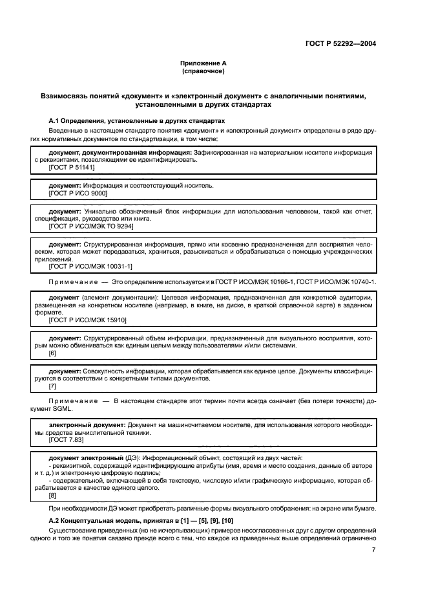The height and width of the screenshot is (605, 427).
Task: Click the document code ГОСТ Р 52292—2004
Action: point(340,44)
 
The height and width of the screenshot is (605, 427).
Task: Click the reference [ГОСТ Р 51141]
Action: point(72,167)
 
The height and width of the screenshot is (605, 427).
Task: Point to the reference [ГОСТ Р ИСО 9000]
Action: point(78,193)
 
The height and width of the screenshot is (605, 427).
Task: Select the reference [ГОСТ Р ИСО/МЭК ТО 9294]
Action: point(91,227)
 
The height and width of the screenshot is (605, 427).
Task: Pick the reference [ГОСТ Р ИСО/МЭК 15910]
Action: point(88,320)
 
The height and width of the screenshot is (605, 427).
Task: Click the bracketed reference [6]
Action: point(53,353)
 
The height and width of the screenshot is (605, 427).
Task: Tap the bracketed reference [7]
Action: point(53,386)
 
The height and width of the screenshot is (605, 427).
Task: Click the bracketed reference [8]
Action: point(53,496)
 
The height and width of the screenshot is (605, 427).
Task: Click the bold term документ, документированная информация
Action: point(121,151)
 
